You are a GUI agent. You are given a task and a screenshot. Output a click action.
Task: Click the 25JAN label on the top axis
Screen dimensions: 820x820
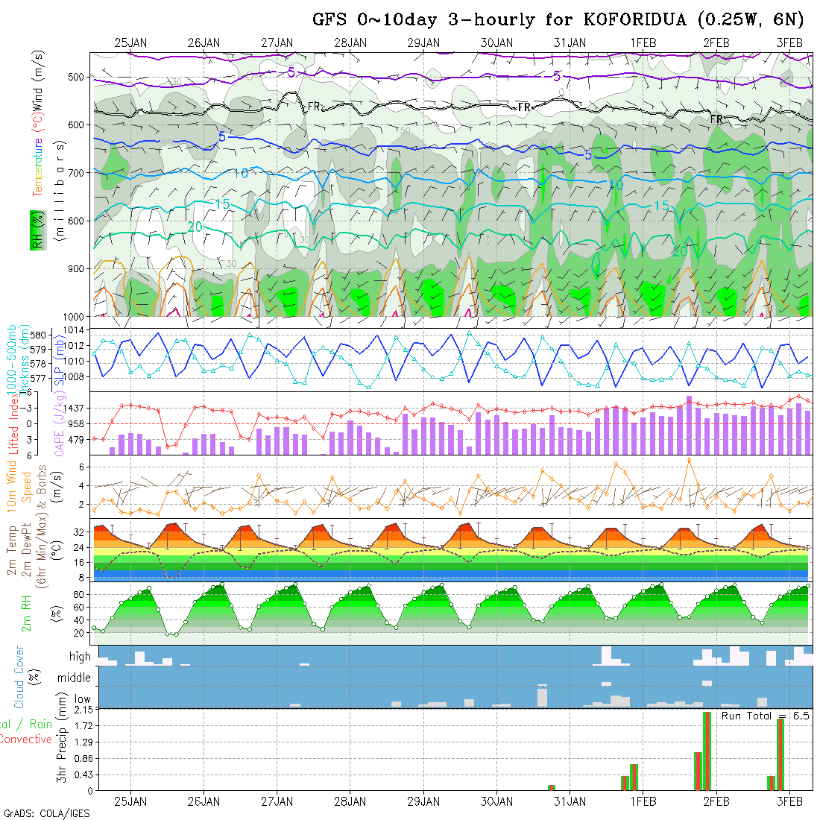click(130, 42)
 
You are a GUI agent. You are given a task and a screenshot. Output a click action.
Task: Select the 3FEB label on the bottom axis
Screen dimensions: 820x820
click(789, 801)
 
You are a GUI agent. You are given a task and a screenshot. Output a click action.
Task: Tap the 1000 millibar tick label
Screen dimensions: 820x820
click(75, 316)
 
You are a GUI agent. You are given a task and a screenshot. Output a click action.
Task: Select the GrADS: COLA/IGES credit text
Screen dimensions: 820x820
click(46, 813)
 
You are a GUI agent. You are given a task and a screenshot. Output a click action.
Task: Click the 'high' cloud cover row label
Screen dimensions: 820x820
click(80, 657)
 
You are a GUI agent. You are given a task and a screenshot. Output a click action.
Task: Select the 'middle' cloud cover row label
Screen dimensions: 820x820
click(75, 678)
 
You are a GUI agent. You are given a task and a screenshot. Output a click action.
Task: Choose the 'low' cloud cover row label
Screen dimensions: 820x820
click(82, 699)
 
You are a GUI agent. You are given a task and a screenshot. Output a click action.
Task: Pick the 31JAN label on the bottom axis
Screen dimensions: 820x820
click(570, 801)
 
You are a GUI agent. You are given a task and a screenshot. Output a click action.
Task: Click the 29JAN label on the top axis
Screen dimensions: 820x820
click(423, 42)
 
